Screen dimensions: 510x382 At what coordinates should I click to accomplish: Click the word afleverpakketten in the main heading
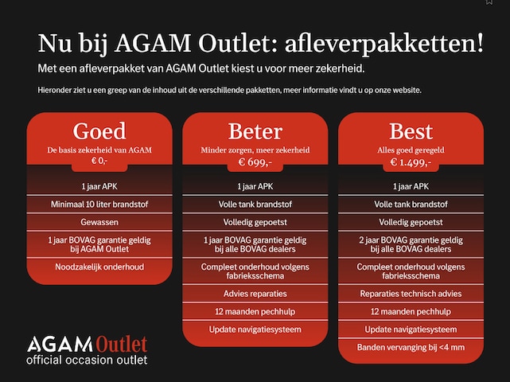(384, 44)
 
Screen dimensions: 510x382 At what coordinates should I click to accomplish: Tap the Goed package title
(99, 131)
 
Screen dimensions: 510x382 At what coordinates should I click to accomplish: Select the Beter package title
(255, 131)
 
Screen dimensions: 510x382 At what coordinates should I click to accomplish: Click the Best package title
(411, 131)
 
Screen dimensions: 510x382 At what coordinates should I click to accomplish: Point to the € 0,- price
(99, 161)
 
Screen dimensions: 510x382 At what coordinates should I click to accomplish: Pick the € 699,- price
(255, 162)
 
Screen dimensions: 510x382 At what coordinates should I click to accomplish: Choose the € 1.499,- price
(411, 162)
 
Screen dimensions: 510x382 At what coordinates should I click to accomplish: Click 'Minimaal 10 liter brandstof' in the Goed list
(99, 205)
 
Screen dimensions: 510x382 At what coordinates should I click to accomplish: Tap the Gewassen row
(99, 222)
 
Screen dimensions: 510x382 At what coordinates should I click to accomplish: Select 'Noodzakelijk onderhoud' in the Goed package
(99, 267)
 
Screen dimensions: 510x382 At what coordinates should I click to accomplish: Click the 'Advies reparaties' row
(255, 294)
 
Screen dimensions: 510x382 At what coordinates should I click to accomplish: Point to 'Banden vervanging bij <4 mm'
(411, 348)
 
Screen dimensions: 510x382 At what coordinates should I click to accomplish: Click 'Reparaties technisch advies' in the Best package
(411, 294)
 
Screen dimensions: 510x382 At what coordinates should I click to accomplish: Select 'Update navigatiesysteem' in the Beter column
(255, 329)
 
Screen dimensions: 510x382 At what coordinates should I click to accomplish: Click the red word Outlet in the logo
(122, 345)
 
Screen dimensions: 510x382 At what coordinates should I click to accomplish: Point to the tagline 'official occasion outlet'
(87, 361)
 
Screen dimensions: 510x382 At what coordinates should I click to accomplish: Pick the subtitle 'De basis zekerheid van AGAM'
(99, 150)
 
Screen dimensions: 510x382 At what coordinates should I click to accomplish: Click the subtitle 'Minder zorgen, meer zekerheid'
(255, 150)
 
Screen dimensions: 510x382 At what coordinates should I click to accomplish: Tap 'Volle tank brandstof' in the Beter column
(255, 205)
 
